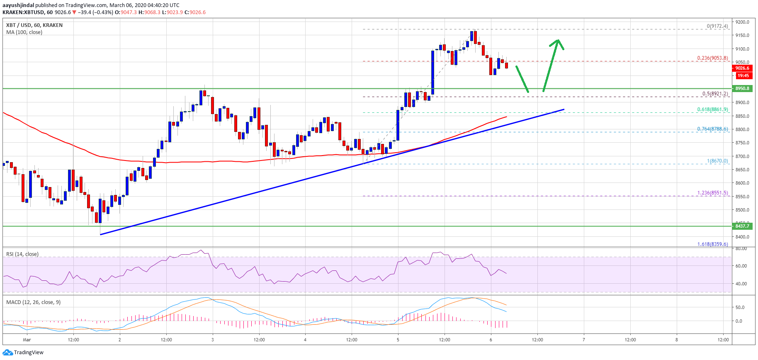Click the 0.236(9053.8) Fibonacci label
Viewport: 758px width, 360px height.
point(712,58)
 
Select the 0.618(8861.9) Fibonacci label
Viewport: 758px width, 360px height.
point(712,109)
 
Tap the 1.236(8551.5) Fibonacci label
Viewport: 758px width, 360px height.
point(712,193)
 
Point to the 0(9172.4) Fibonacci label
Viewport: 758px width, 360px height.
point(717,26)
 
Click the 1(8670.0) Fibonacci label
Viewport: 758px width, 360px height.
point(717,161)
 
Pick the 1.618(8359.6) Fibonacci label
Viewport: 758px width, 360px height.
point(712,244)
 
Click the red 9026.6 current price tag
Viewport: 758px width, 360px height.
point(742,68)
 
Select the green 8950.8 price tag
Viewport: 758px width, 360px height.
point(742,88)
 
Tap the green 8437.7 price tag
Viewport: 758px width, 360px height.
point(742,226)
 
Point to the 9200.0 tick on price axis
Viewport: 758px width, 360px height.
point(742,22)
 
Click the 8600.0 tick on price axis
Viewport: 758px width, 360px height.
point(742,183)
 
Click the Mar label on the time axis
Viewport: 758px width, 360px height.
point(27,340)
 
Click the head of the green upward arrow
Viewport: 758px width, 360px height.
point(558,41)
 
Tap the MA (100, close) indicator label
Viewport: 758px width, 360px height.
point(24,32)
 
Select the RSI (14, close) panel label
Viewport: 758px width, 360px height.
point(22,254)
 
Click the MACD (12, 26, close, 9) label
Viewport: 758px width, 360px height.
point(33,302)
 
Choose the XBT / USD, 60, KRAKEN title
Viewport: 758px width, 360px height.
point(34,25)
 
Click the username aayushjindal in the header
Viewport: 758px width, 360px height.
point(18,5)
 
